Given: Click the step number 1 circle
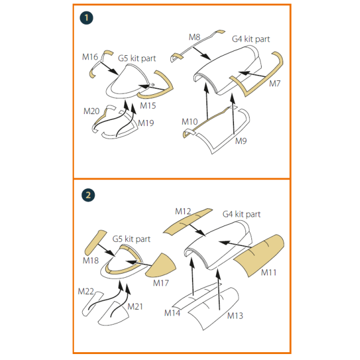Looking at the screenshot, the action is [86, 18].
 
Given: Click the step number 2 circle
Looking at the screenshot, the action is [88, 195].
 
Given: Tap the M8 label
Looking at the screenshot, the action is [194, 37].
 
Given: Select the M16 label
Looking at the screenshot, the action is [90, 57].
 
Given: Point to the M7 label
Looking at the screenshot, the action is [275, 83].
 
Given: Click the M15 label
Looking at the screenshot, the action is [148, 106].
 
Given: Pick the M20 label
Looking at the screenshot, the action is [91, 111].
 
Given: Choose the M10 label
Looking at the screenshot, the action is [190, 122].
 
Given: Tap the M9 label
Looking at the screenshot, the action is [241, 141].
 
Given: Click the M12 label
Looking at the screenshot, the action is [183, 211].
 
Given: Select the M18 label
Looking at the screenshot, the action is [91, 260].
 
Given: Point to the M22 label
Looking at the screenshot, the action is [86, 292].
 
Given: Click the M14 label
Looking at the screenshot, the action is [172, 313].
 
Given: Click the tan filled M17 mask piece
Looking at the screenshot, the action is [161, 266].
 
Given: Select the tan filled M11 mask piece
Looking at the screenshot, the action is [259, 255].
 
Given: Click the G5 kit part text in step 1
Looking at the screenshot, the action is [137, 58].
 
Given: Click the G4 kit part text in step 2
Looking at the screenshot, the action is [242, 214].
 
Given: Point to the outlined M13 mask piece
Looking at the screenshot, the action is [212, 309].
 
